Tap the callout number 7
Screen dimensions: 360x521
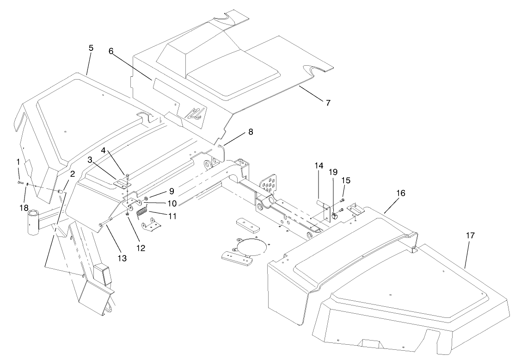[328, 103]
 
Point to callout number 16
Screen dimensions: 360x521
[400, 193]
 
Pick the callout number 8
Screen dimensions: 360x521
[250, 132]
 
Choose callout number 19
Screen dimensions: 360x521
[333, 172]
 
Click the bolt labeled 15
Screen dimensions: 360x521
[342, 200]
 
